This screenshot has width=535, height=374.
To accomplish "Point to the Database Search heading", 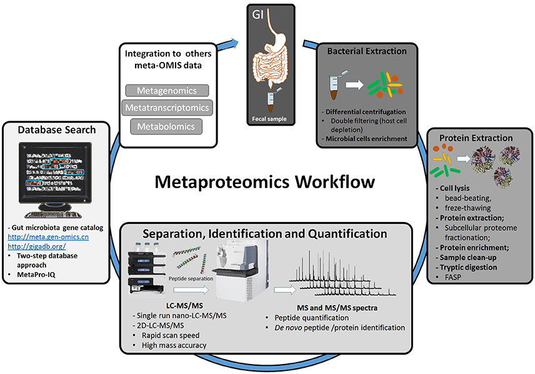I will (57, 130).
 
